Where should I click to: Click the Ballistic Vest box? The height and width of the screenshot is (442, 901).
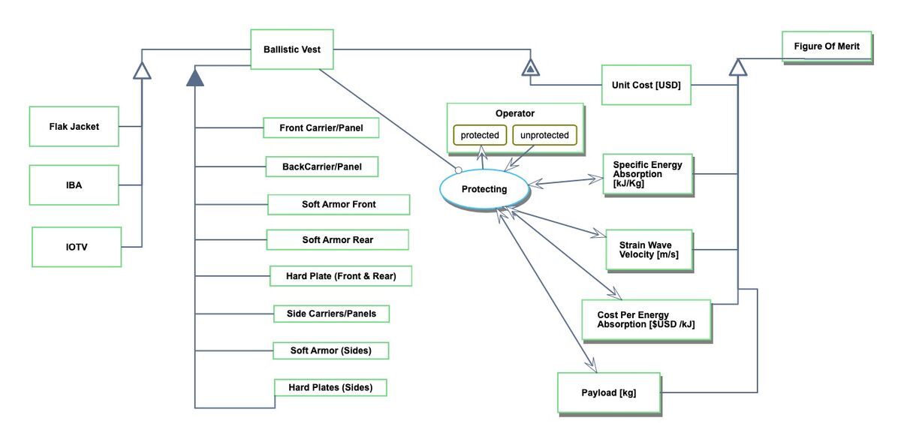pos(291,50)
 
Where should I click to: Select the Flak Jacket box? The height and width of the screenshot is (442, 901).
pos(74,126)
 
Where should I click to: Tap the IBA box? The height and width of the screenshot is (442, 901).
pos(74,185)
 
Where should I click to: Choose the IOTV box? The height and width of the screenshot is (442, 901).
pos(77,246)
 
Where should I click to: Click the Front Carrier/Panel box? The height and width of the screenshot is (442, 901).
pos(321,128)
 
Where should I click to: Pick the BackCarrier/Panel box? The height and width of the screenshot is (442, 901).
pos(321,166)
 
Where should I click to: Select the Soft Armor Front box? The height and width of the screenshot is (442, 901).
pos(339,204)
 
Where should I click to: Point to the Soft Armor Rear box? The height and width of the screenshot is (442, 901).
pos(338,239)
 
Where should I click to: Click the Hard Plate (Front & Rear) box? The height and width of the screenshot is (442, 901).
pos(341,276)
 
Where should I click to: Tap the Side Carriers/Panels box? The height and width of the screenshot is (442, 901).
pos(331,313)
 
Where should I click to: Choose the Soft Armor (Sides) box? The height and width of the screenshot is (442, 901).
pos(330,350)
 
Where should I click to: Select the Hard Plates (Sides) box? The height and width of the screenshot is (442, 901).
pos(331,387)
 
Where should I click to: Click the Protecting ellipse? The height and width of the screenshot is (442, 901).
pos(484,189)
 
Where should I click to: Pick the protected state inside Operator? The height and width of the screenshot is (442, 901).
pos(480,135)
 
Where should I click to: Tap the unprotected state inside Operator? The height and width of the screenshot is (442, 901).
pos(544,135)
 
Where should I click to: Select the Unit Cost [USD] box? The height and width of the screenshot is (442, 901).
pos(646,85)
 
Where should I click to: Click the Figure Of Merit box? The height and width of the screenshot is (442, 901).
pos(827,47)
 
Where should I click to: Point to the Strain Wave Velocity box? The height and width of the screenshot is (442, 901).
pos(649,249)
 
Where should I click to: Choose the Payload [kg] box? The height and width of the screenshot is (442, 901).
pos(608,392)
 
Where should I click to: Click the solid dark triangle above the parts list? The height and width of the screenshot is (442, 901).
pos(195,77)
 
